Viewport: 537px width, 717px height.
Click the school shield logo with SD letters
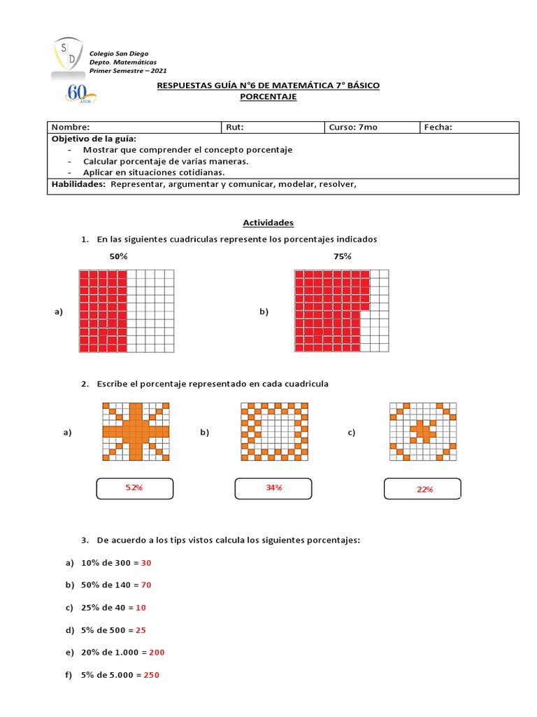click(x=69, y=55)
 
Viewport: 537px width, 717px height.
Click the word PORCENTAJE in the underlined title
click(x=268, y=97)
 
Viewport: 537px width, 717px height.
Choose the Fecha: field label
click(x=438, y=127)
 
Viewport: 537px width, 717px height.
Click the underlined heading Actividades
click(x=268, y=223)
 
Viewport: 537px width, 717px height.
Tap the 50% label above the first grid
click(x=118, y=257)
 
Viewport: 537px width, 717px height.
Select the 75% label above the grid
click(x=343, y=257)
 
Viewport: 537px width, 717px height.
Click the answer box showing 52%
click(x=134, y=488)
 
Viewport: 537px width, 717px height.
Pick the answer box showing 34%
click(x=273, y=488)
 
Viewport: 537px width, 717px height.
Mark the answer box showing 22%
click(x=423, y=489)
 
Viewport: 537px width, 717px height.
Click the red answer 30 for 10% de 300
click(x=146, y=563)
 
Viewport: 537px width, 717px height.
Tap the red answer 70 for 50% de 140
click(x=146, y=585)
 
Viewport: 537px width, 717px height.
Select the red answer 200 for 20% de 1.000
click(x=157, y=653)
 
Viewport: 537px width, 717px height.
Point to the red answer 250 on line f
click(x=152, y=675)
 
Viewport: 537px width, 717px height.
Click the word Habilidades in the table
click(x=78, y=185)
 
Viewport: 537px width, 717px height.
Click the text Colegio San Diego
click(x=118, y=54)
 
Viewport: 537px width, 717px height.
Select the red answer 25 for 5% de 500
click(x=141, y=630)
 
